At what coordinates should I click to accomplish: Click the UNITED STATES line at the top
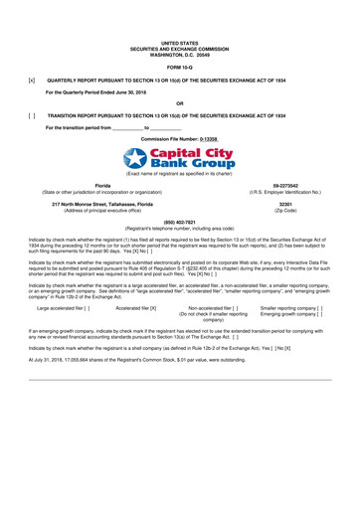[x=179, y=44]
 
